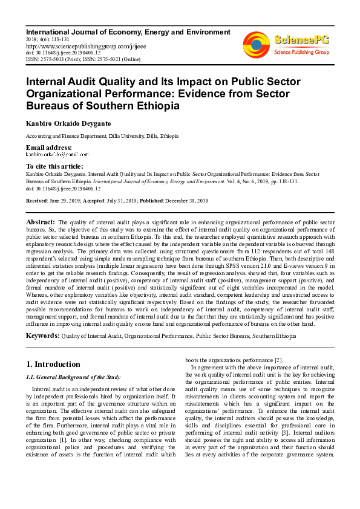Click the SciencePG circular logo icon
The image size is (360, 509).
[x=257, y=45]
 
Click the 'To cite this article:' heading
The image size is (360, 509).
[x=55, y=166]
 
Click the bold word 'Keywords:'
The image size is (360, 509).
[x=43, y=336]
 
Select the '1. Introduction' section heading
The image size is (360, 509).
[x=54, y=364]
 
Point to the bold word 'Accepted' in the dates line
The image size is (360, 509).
[x=93, y=200]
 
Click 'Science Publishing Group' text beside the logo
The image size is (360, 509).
[x=301, y=53]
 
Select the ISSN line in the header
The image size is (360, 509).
[x=83, y=59]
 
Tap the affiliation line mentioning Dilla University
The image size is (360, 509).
[x=102, y=137]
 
